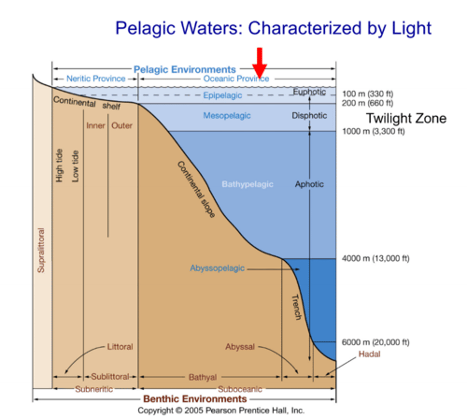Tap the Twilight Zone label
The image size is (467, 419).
(406, 118)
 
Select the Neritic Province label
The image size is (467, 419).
(96, 79)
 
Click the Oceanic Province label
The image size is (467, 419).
(236, 79)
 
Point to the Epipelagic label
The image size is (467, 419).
(223, 95)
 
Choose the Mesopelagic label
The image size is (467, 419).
(227, 116)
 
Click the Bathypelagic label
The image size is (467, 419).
(247, 184)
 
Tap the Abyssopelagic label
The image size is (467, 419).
(217, 268)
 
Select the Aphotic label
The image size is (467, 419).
(309, 184)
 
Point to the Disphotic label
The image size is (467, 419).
(309, 116)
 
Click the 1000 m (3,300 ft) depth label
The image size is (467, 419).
(373, 131)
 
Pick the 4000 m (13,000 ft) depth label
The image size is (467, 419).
(375, 258)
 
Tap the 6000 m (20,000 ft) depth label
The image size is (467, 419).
(375, 342)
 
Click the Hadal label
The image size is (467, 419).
(369, 354)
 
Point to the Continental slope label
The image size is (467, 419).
(196, 189)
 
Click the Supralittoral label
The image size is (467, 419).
(41, 250)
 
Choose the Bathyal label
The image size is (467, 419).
(203, 377)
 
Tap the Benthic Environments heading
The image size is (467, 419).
(195, 399)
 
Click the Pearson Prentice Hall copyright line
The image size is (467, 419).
(221, 410)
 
